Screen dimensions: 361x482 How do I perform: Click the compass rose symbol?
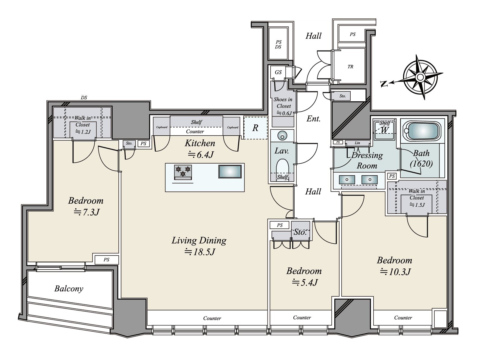coord(420,77)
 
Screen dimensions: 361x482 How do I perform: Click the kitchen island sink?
coord(230,171)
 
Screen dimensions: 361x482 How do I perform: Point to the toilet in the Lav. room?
coord(282,167)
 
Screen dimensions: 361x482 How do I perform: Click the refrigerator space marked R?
coord(255,128)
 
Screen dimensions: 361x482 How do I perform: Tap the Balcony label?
coord(69,289)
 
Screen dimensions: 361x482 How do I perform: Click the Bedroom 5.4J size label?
coord(305,282)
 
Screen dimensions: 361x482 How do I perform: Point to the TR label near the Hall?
coord(350,67)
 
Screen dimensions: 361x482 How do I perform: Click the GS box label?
coord(278,72)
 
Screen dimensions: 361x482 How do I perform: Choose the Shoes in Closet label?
coord(283,103)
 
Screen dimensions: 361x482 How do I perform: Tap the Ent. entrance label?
coord(313,119)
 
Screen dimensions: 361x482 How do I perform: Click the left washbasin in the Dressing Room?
coord(347,180)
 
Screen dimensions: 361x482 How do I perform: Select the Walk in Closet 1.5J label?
coord(417,198)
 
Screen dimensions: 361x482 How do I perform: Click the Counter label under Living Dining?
coord(212,318)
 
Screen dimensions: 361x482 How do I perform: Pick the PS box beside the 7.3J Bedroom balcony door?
coord(107,260)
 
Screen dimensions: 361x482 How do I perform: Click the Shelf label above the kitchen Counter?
coord(196,122)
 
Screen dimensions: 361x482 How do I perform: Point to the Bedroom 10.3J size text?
coord(395,272)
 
